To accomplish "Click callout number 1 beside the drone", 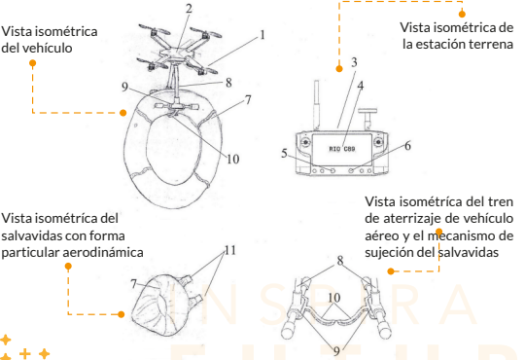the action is pos(262,35).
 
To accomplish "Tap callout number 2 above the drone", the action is pos(189,9).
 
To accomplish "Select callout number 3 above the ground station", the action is pos(354,62).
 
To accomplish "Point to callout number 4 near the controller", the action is pos(361,86).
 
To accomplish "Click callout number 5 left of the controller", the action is pos(284,153).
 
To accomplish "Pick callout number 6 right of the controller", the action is pos(407,146).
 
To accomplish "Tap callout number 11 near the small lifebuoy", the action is pos(230,250).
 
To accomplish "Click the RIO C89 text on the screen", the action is pos(342,149).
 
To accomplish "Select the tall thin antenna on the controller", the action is pos(316,105).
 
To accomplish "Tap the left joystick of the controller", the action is pos(305,142).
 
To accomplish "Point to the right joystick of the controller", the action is pos(378,142).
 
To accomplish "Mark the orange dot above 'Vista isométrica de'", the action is pos(462,14).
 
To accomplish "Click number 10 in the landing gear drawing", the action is pos(333,298).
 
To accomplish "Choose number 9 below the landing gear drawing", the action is pos(336,351).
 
